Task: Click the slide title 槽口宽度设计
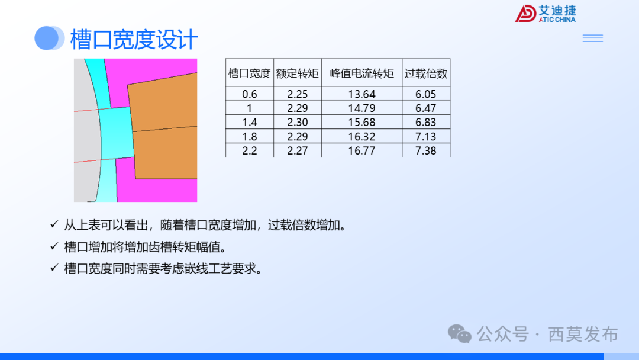134,40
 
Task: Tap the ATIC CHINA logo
545,14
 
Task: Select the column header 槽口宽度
249,73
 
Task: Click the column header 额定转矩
298,73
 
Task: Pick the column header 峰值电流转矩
362,73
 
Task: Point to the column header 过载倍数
426,73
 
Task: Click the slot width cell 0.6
250,94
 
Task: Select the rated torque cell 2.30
298,123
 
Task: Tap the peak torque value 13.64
362,94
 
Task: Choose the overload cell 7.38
426,150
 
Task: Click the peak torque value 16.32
362,137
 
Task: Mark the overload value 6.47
426,108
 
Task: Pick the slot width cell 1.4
250,123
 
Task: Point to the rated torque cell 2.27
298,150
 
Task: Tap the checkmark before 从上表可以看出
54,225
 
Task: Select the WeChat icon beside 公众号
460,334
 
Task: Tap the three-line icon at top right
592,38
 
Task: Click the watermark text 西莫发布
583,335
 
